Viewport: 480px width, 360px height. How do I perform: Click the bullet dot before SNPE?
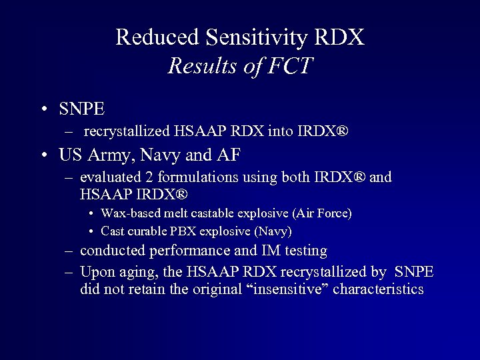[x=43, y=107]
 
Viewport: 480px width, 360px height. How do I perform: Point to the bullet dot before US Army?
[x=43, y=156]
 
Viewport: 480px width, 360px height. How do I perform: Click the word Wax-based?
[x=128, y=213]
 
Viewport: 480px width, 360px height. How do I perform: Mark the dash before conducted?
[x=69, y=251]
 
